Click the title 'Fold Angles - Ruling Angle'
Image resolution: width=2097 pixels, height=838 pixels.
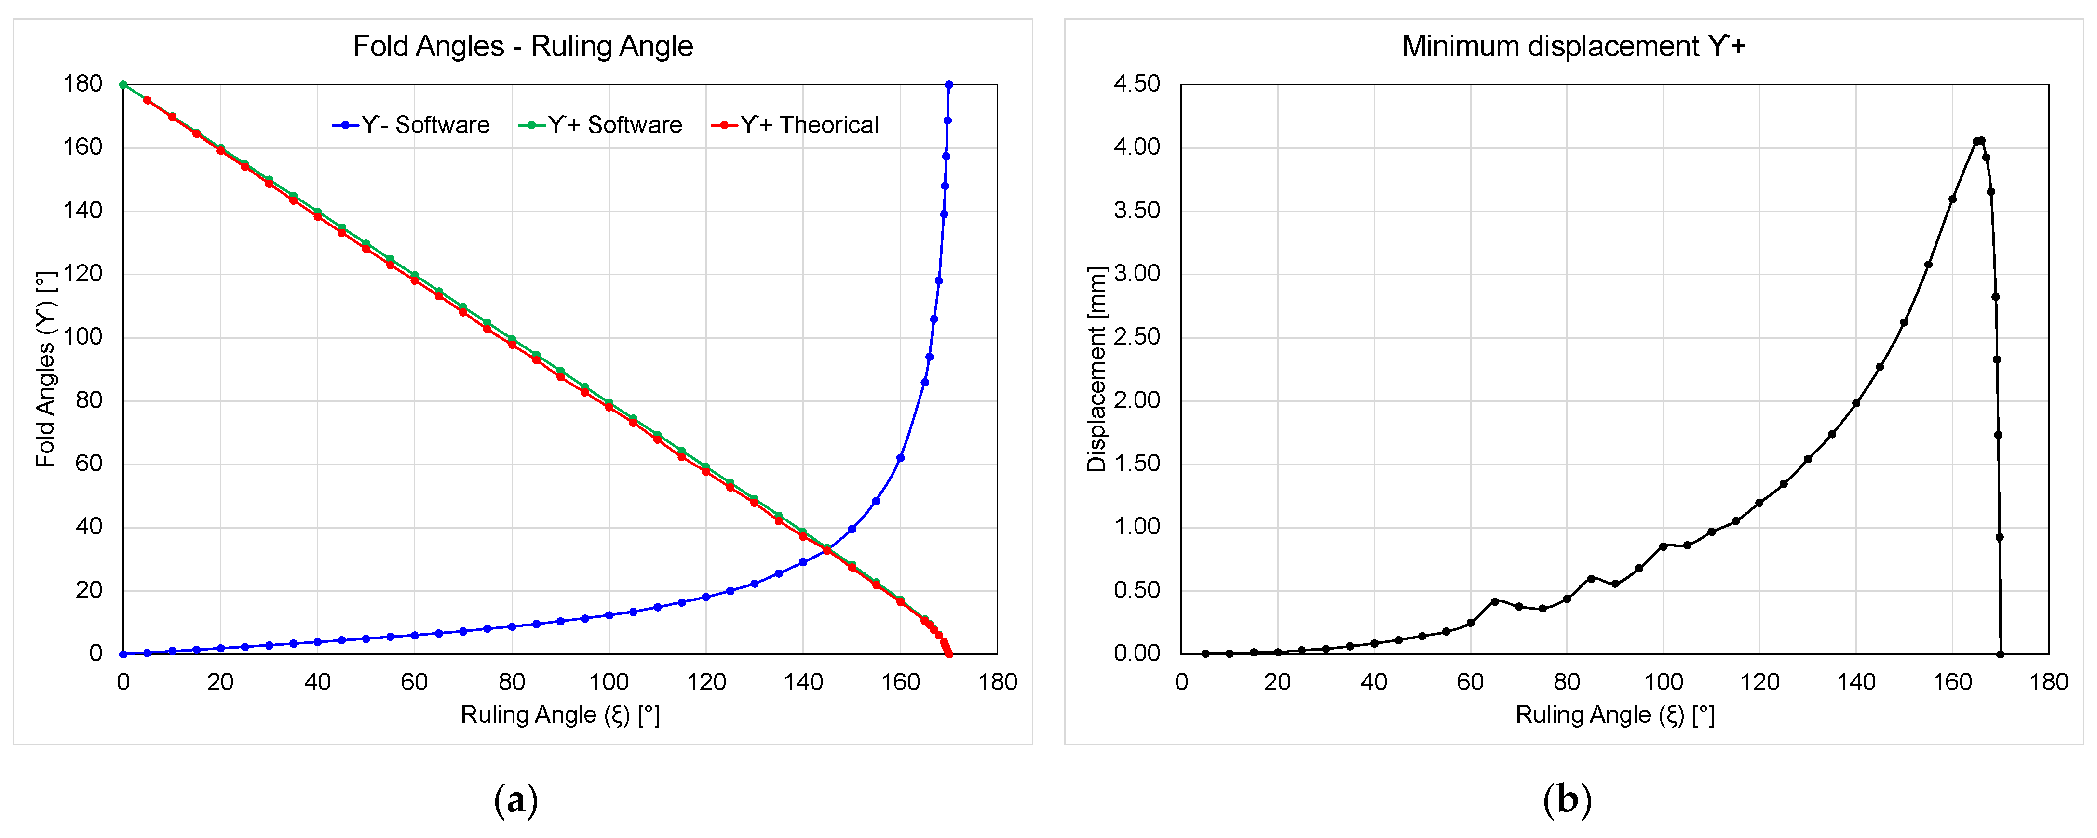click(523, 46)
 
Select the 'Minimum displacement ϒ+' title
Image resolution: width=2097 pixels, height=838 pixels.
click(1573, 46)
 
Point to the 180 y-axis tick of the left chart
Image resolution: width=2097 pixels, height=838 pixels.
click(82, 84)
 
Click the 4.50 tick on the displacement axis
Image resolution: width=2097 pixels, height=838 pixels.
click(1136, 84)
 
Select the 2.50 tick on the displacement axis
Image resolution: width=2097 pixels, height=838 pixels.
click(1136, 337)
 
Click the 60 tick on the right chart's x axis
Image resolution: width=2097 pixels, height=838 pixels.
click(1470, 682)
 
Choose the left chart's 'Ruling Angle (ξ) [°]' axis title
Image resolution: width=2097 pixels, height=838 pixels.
click(560, 715)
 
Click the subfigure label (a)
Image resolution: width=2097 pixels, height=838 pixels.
click(516, 800)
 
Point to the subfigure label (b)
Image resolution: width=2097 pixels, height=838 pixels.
click(1567, 800)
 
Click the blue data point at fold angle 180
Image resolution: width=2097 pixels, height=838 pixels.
click(948, 85)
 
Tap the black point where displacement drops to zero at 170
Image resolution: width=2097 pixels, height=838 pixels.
click(2000, 654)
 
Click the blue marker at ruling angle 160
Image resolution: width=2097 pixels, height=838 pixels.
click(900, 458)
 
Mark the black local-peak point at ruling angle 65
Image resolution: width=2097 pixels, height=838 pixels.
click(1495, 601)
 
